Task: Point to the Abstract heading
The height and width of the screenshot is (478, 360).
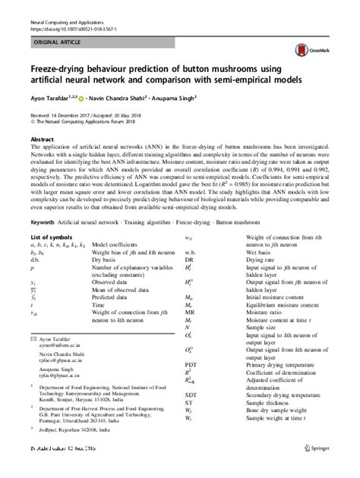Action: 42,140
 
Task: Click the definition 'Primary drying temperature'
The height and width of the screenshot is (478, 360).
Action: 282,364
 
